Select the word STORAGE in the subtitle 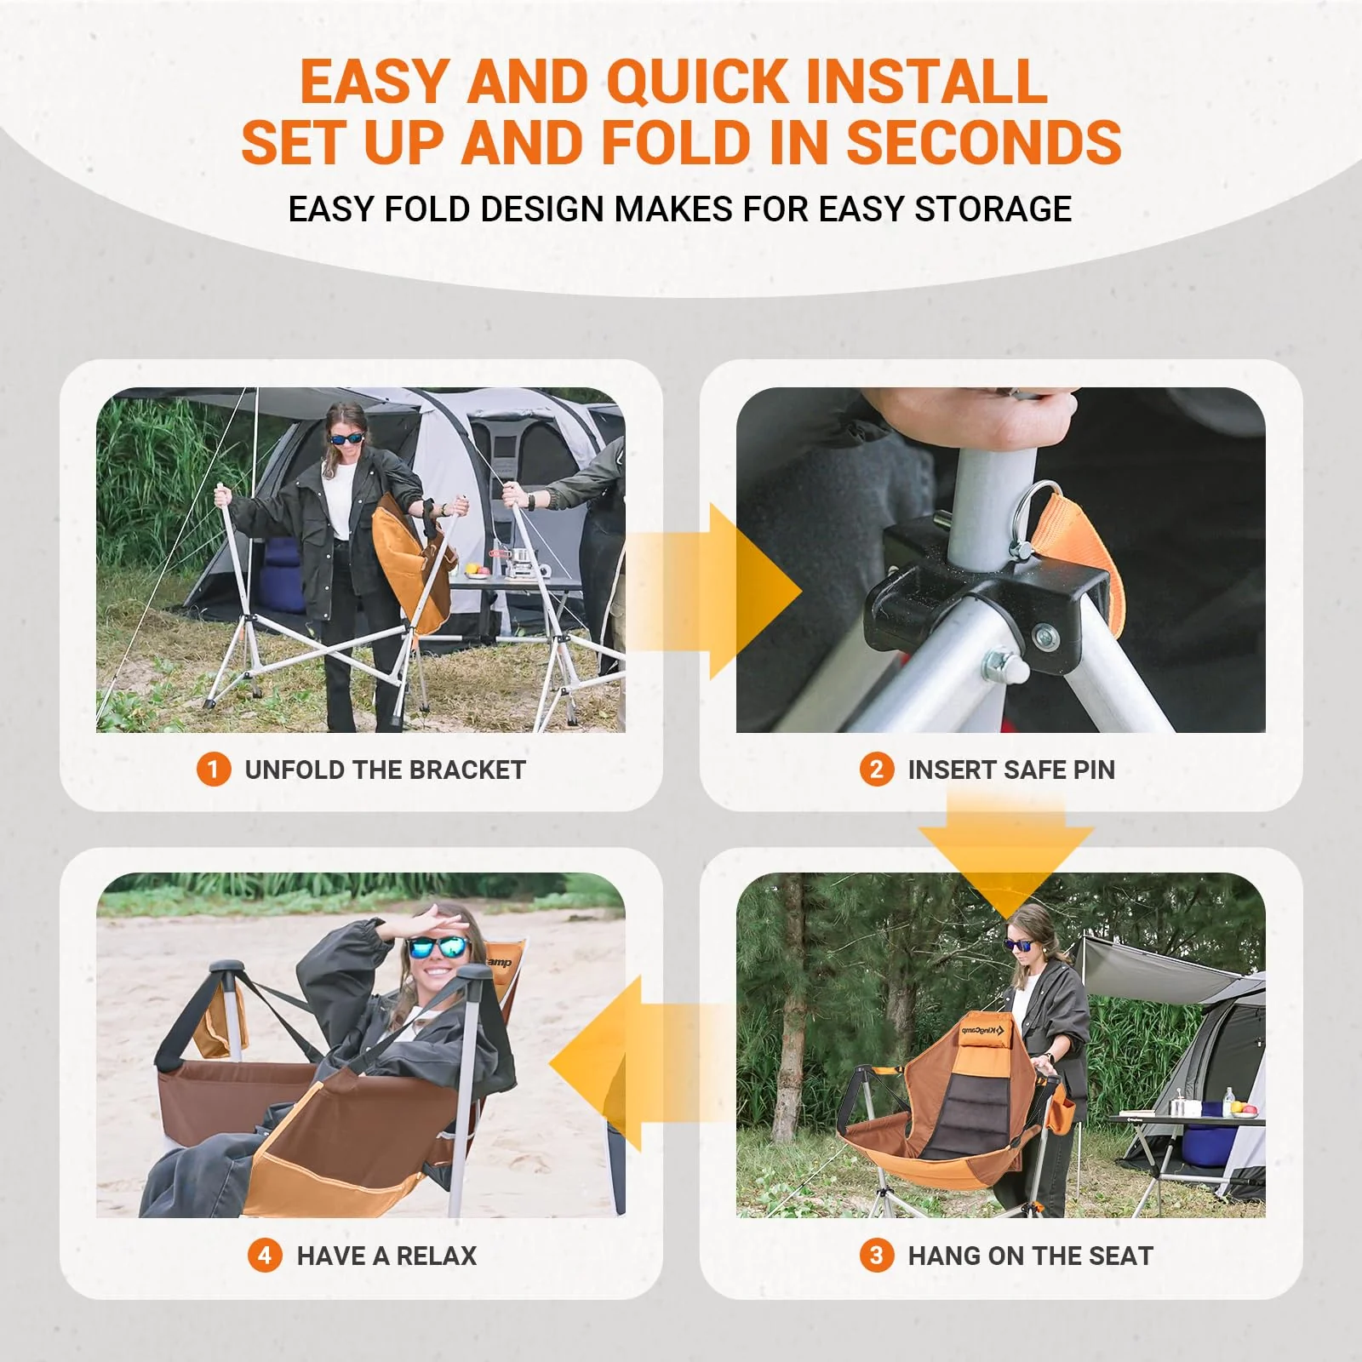[993, 209]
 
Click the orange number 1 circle [214, 770]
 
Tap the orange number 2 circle [877, 770]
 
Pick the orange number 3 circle [877, 1256]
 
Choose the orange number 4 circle [265, 1256]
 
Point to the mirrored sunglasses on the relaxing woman [438, 947]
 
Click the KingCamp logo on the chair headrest [983, 1033]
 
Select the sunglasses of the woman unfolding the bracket [346, 439]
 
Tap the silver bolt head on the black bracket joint [1042, 636]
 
